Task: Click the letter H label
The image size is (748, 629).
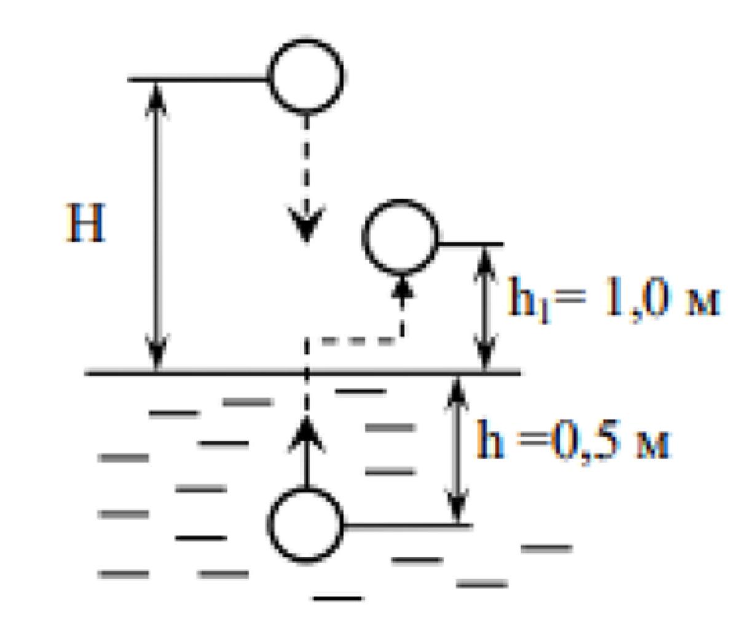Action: pos(86,223)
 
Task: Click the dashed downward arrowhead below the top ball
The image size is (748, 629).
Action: pos(306,223)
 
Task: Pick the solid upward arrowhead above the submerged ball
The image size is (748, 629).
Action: pos(305,434)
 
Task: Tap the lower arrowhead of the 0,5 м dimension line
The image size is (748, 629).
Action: pos(457,504)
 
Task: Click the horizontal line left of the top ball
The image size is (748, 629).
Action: pos(198,79)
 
